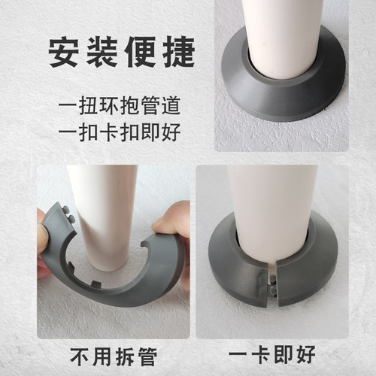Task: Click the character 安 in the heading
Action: click(x=65, y=53)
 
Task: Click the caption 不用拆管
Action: click(x=110, y=356)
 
